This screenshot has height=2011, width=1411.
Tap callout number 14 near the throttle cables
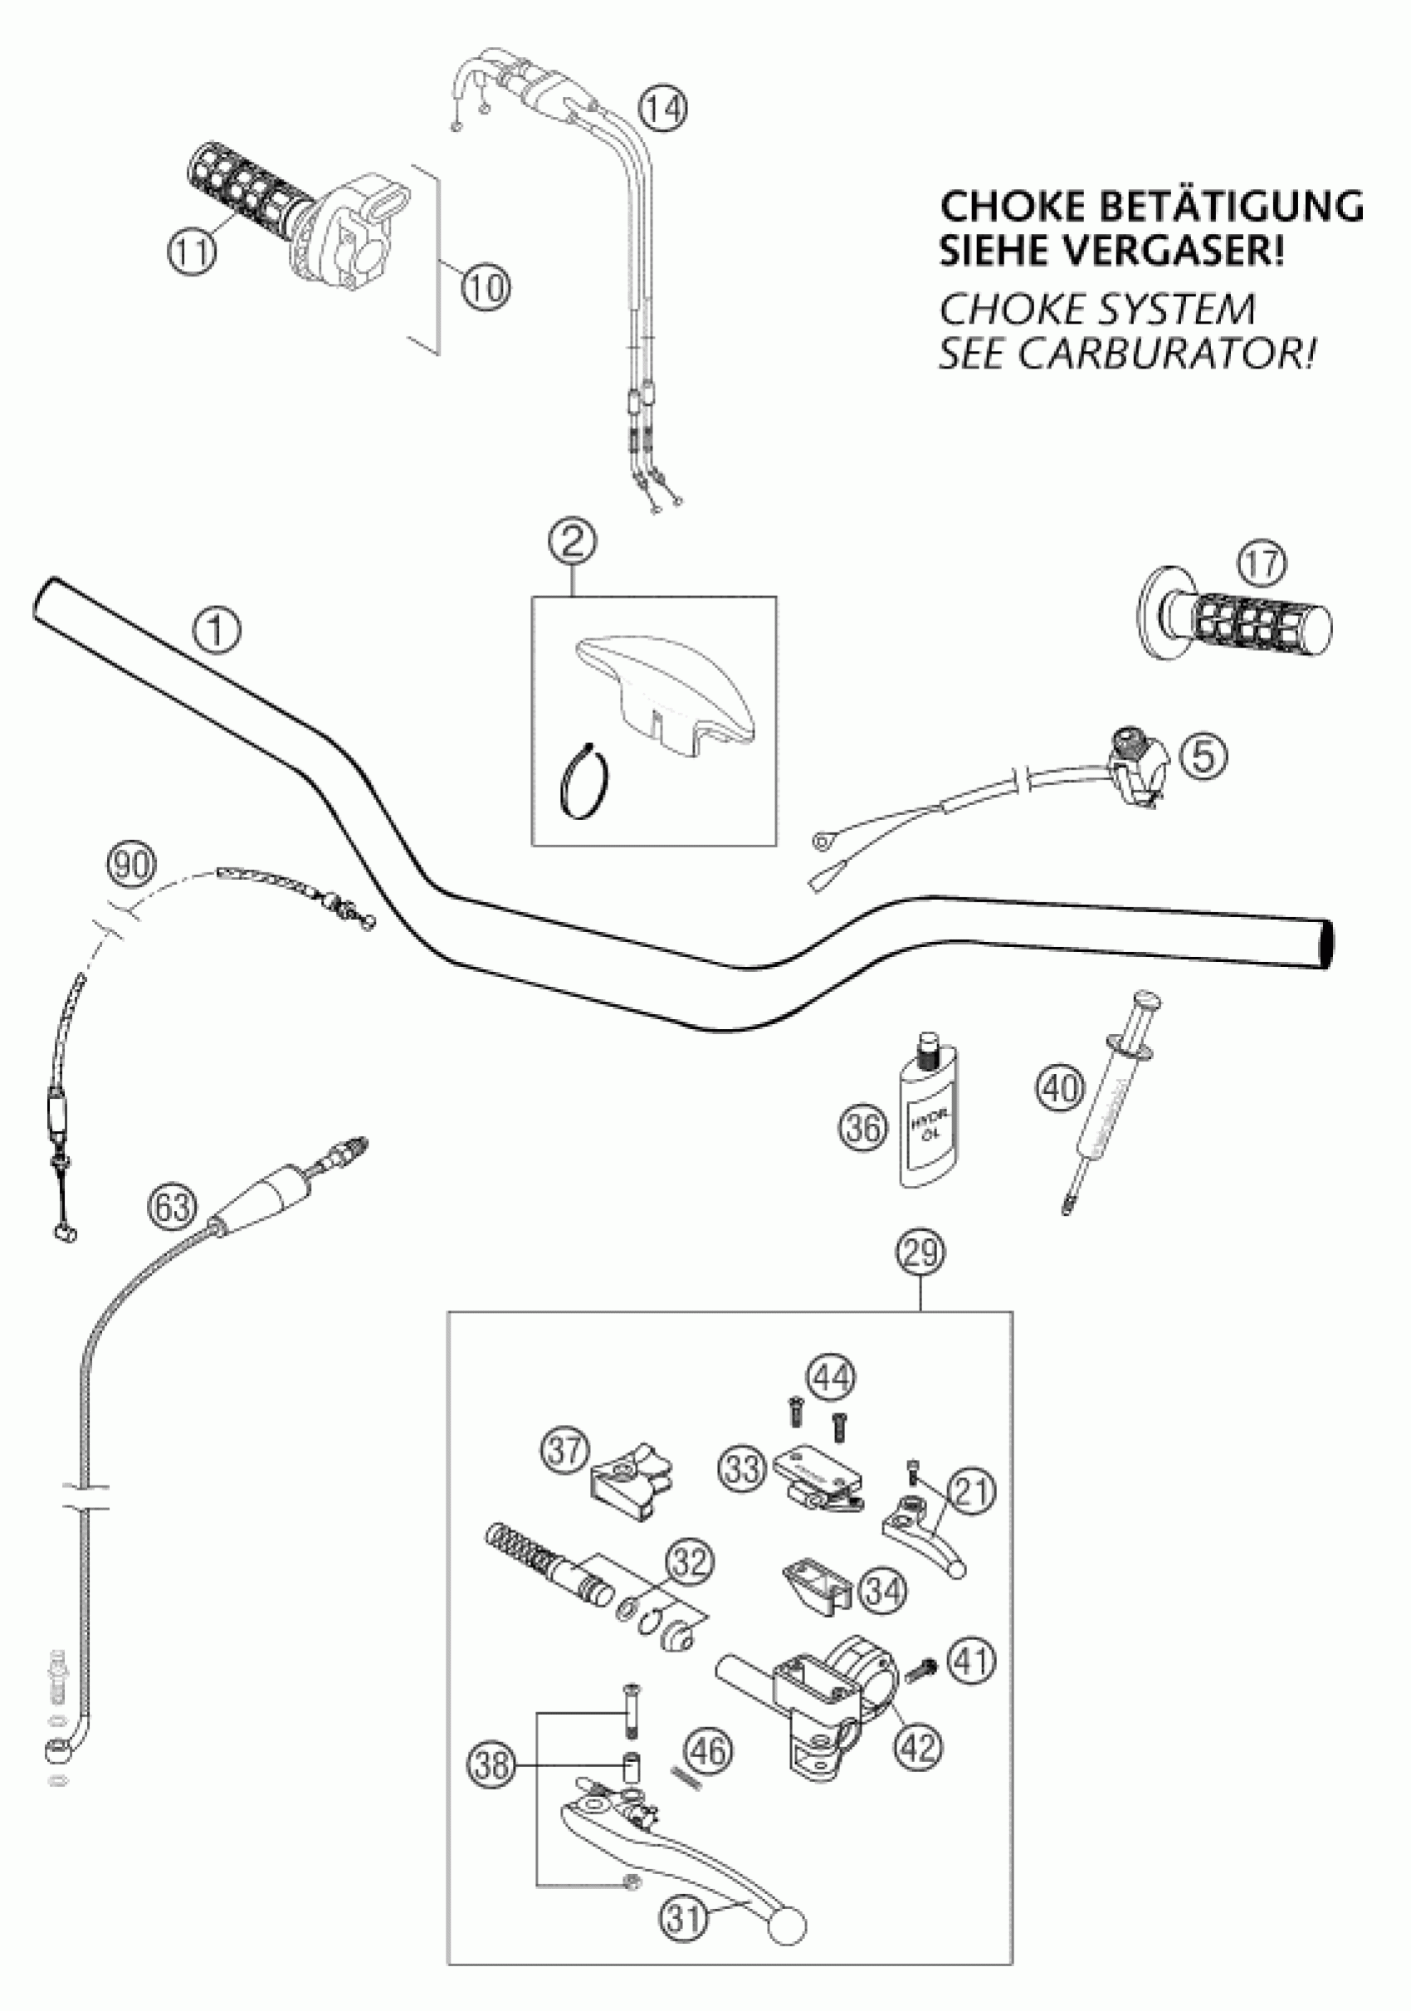[662, 110]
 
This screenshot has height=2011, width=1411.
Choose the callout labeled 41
[970, 1659]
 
